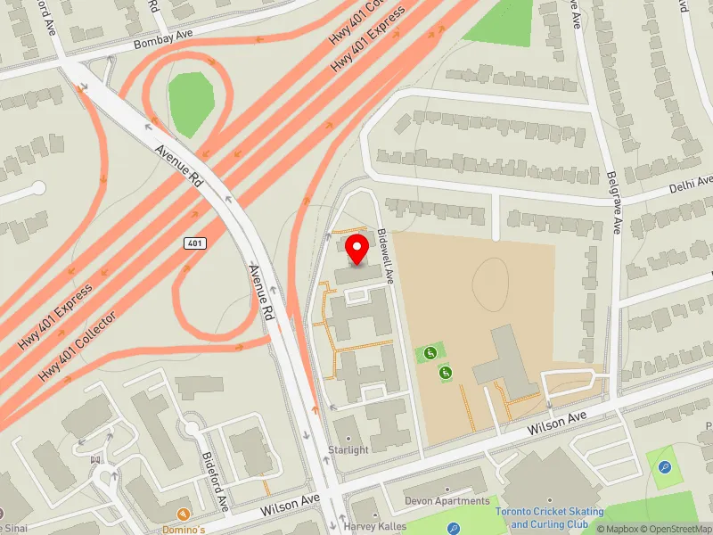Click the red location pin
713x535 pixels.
click(x=356, y=249)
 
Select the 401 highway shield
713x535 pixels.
click(x=195, y=243)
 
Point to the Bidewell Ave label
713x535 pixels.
click(x=385, y=256)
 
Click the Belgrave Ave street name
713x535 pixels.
click(x=614, y=203)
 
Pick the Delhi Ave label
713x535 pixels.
click(x=691, y=185)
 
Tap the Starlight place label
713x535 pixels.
click(x=348, y=449)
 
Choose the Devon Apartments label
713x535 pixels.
click(x=447, y=501)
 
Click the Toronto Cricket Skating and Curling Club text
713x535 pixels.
click(x=549, y=517)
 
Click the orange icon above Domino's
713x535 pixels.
click(x=184, y=514)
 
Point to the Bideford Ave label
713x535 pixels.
click(x=215, y=481)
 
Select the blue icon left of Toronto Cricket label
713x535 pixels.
click(x=455, y=527)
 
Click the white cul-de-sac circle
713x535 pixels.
click(x=37, y=187)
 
